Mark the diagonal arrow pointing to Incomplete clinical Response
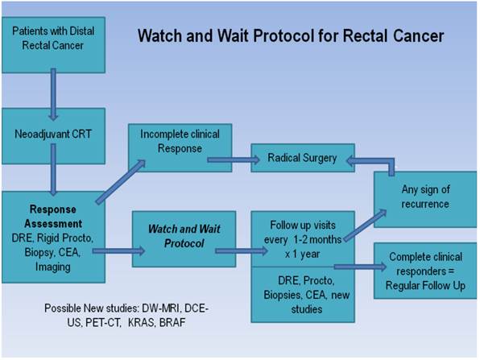tap(121, 179)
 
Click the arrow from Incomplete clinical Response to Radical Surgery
tap(229, 159)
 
